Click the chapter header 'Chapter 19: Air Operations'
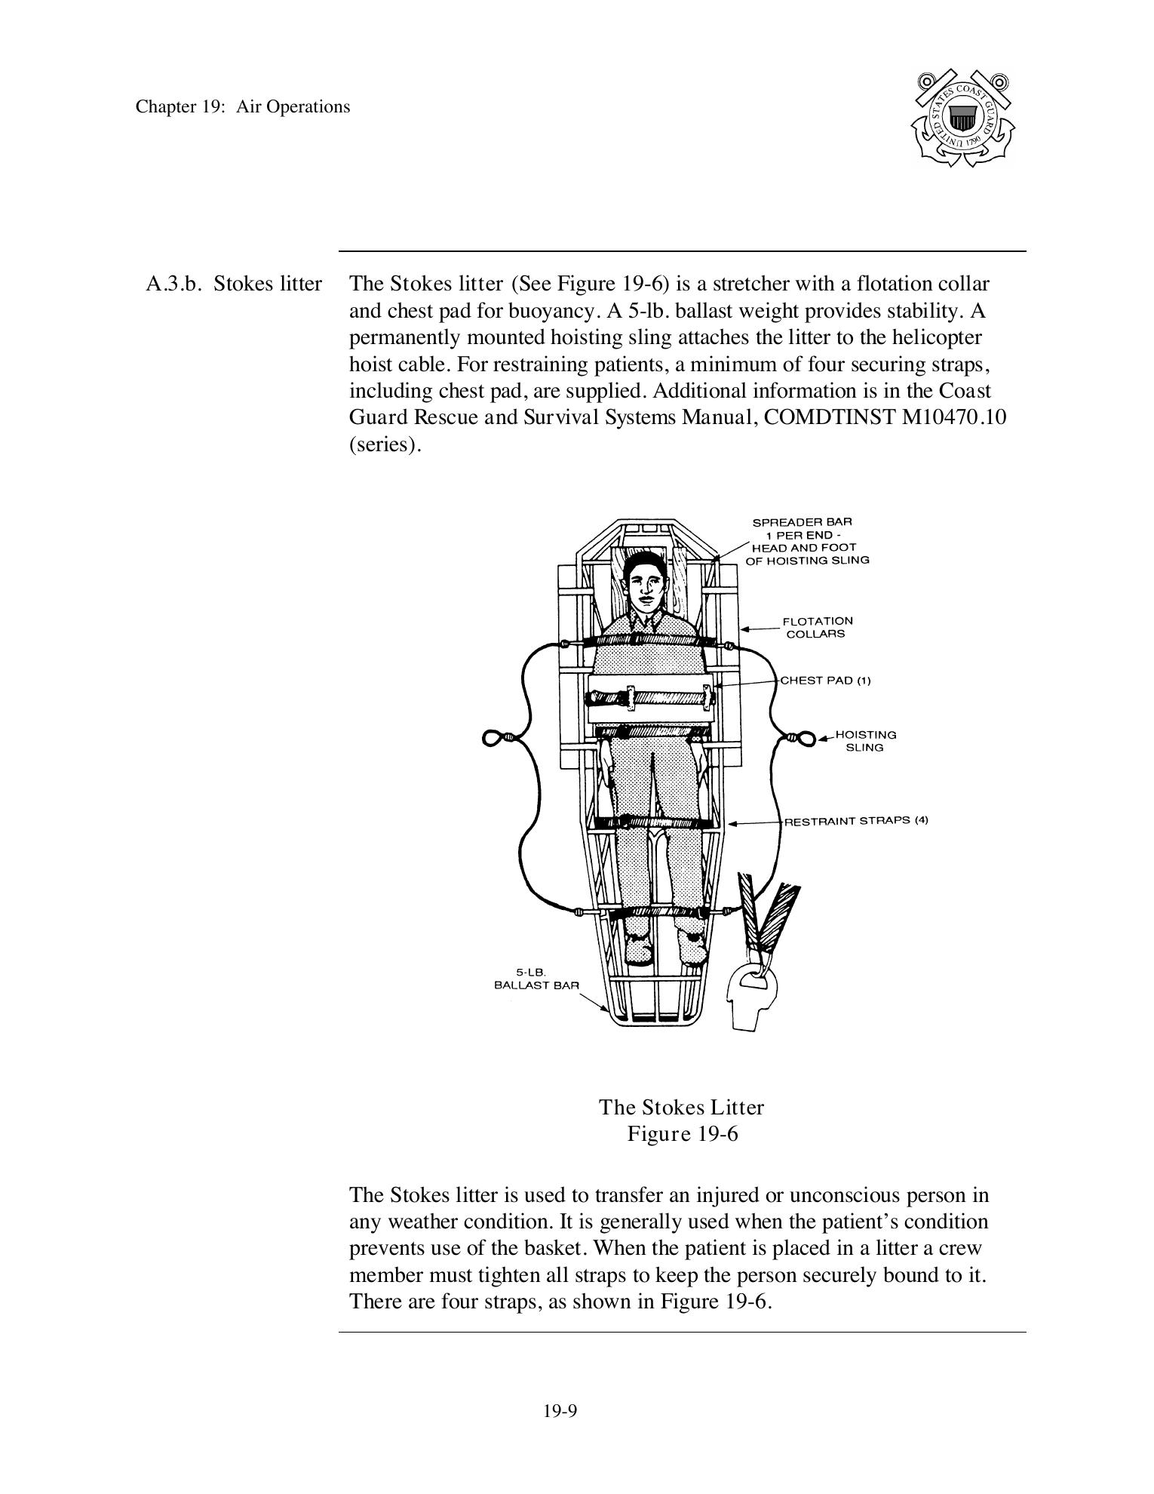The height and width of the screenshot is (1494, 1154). point(242,106)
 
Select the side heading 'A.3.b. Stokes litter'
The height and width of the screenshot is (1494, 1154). point(234,284)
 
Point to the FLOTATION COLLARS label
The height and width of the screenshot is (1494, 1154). point(817,627)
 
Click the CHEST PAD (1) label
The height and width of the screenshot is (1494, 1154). point(825,681)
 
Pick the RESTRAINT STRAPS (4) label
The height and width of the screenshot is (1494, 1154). point(856,821)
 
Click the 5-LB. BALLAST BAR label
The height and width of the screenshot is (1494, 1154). point(536,979)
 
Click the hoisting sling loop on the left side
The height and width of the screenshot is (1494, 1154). point(494,737)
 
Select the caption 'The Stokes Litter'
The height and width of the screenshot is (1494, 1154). point(681,1107)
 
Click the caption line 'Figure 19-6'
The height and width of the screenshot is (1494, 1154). point(682,1134)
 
